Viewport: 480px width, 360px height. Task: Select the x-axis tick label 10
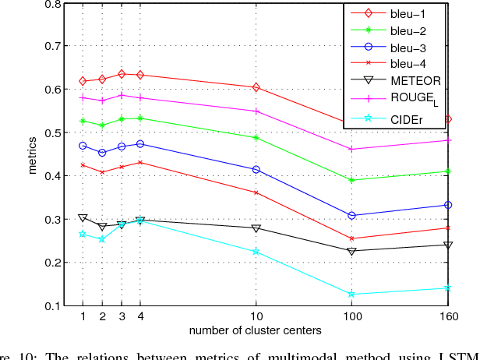click(256, 318)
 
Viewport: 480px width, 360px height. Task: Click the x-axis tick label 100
click(351, 318)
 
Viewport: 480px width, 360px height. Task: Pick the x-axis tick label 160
click(447, 318)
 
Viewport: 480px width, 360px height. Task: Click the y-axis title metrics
click(33, 154)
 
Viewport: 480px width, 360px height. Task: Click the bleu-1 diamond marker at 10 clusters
click(256, 87)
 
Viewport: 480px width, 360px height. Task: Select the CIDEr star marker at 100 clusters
click(351, 295)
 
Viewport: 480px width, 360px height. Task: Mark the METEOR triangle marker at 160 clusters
click(447, 245)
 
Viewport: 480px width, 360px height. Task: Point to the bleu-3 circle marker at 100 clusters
click(351, 215)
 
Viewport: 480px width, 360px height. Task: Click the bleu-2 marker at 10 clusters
click(256, 137)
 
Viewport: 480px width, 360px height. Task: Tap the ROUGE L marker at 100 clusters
click(351, 149)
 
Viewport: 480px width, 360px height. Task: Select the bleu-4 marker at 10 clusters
click(256, 192)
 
